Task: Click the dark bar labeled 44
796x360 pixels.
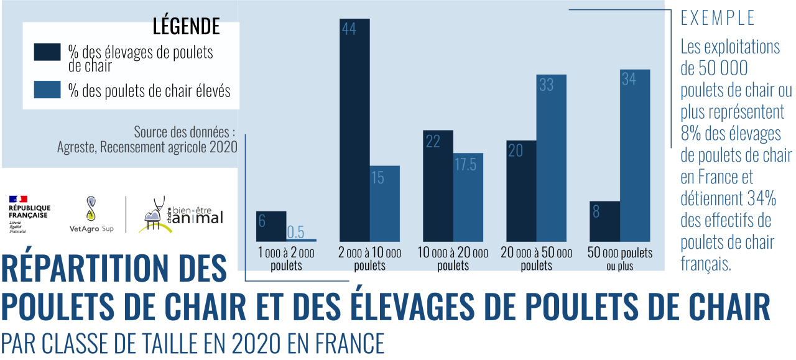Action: [x=354, y=130]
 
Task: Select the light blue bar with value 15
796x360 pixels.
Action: [x=384, y=203]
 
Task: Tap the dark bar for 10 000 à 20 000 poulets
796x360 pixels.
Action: [x=438, y=186]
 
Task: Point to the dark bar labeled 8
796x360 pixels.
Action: [x=604, y=221]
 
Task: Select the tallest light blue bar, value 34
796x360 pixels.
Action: [x=635, y=155]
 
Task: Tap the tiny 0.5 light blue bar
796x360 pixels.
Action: [x=302, y=240]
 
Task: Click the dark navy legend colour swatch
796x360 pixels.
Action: [x=47, y=53]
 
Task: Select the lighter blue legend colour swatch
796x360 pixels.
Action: [x=47, y=90]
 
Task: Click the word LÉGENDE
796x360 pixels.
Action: [x=186, y=27]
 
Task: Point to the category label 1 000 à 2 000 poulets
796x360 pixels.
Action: [x=286, y=259]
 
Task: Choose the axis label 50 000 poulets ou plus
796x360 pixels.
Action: [x=620, y=259]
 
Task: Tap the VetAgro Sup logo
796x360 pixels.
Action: [x=91, y=215]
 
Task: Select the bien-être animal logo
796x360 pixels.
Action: [x=180, y=215]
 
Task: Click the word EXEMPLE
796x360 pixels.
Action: [x=718, y=18]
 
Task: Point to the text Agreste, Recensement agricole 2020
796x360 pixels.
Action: [x=147, y=147]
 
